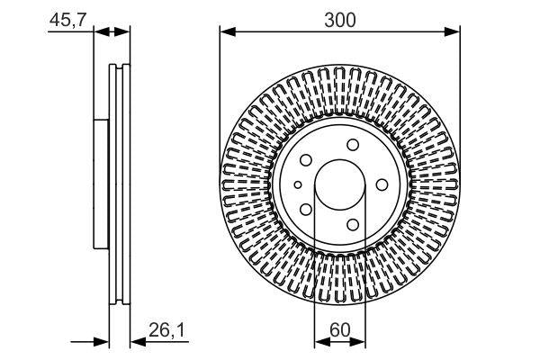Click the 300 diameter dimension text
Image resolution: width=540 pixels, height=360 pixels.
pyautogui.click(x=340, y=17)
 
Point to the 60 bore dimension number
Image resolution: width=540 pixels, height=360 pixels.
pyautogui.click(x=340, y=330)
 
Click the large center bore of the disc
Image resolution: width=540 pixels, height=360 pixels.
pyautogui.click(x=339, y=184)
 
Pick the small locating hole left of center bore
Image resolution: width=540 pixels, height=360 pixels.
pyautogui.click(x=297, y=184)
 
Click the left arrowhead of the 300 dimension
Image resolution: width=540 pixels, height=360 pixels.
pyautogui.click(x=226, y=32)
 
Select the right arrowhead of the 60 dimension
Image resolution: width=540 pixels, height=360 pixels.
pyautogui.click(x=360, y=342)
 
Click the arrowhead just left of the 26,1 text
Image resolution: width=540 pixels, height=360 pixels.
pyautogui.click(x=136, y=342)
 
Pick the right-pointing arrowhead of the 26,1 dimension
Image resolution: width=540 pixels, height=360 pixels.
pyautogui.click(x=103, y=342)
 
